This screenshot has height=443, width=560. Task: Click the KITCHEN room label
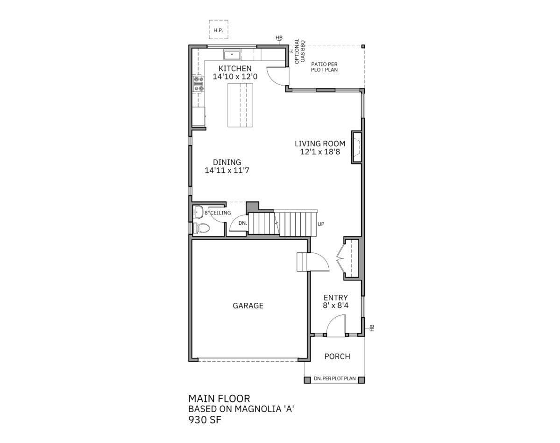[235, 68]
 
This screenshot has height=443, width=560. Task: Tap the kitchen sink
[232, 55]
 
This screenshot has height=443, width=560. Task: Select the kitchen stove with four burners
[198, 84]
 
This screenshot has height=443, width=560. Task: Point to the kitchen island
[240, 105]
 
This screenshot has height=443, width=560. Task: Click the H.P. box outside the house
[218, 30]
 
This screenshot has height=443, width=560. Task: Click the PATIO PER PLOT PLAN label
[324, 67]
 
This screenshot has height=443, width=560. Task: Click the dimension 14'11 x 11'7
[227, 171]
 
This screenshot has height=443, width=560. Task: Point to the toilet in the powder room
[201, 228]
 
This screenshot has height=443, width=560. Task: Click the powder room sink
[198, 212]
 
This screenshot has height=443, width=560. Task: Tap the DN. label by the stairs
[243, 223]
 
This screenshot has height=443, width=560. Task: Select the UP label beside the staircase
[321, 224]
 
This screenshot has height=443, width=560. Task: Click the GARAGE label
[248, 306]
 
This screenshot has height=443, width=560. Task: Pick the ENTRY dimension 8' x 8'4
[336, 306]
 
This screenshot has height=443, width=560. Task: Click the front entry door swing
[336, 325]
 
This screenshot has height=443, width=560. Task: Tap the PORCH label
[337, 356]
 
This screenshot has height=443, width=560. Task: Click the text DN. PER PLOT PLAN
[334, 379]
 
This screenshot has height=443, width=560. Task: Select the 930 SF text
[205, 420]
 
